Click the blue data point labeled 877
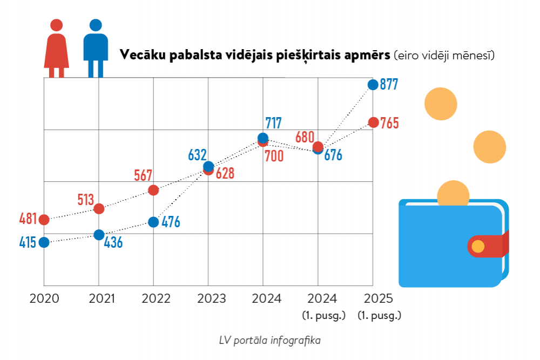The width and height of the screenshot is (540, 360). (x=373, y=84)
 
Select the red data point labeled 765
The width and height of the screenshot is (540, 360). (x=373, y=123)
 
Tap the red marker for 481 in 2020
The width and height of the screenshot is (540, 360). (x=44, y=220)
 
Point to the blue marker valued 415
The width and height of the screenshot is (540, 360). (x=44, y=242)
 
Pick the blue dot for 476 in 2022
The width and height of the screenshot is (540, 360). (x=153, y=222)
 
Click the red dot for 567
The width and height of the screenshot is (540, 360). (x=153, y=190)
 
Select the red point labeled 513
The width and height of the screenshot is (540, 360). (x=99, y=208)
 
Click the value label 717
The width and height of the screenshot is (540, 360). (x=273, y=123)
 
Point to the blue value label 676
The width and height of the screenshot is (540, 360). (x=333, y=155)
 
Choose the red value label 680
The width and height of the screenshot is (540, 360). (x=305, y=137)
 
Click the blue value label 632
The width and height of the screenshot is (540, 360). (x=197, y=155)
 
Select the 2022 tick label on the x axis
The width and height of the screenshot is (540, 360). (x=154, y=298)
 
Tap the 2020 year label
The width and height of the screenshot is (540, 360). (x=44, y=298)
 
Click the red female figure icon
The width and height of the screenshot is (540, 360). (x=56, y=49)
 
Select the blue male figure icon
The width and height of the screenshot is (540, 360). (x=96, y=49)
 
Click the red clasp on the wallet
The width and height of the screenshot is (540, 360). (x=486, y=246)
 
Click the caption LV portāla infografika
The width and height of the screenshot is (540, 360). (x=270, y=341)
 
